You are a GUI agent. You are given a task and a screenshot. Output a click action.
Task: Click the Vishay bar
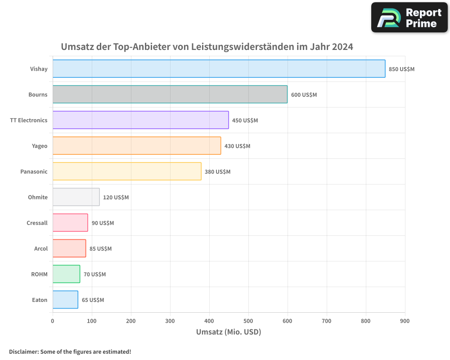[219, 69]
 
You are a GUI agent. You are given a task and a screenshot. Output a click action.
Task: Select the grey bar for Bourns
[170, 94]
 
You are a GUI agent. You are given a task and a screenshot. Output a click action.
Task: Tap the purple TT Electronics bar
[140, 120]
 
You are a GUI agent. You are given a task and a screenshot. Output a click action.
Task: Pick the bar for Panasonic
[127, 171]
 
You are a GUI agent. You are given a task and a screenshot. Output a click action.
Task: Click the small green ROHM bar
[66, 274]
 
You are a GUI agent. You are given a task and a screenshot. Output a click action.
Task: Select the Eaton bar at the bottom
[65, 300]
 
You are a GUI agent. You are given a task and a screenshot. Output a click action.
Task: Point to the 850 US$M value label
[401, 69]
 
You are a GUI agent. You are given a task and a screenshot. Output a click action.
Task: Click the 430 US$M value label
[237, 146]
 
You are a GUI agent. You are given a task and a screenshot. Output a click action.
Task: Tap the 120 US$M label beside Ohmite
[116, 198]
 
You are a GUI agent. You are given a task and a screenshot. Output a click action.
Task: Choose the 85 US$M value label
[100, 249]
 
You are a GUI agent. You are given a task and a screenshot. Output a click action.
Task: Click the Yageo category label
[40, 146]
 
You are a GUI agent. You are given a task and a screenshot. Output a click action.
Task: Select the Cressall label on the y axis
[37, 223]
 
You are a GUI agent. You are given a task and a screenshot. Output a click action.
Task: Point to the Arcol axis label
[41, 248]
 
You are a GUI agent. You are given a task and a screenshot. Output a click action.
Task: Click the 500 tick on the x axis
[248, 321]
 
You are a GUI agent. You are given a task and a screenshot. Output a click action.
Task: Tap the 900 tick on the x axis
[405, 321]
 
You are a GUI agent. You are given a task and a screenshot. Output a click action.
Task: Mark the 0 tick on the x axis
[53, 321]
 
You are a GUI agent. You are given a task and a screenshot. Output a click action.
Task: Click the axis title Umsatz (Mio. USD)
[229, 332]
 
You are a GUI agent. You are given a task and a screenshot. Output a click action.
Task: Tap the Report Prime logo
[409, 18]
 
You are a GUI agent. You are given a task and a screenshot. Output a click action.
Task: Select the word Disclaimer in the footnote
[23, 351]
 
